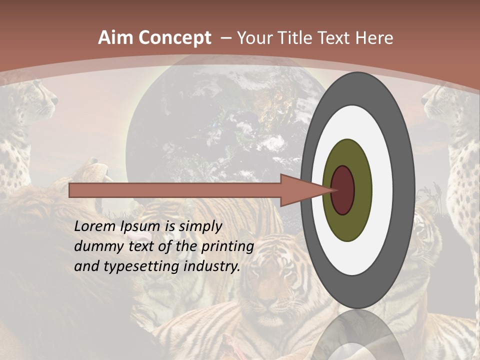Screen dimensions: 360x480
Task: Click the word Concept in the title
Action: point(174,38)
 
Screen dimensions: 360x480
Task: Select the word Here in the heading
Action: point(374,38)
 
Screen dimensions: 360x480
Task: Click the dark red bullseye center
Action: point(343,190)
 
